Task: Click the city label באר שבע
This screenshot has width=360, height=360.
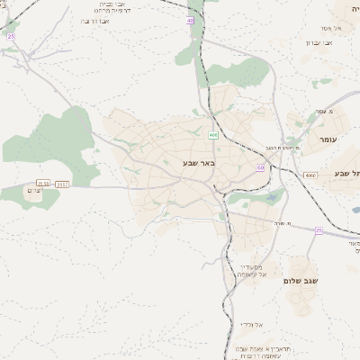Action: [x=194, y=163]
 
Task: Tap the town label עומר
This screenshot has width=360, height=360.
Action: [x=326, y=140]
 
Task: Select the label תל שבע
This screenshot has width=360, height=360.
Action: [x=346, y=173]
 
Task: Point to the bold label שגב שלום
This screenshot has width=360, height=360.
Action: [x=301, y=281]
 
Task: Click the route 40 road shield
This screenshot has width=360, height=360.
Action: [x=190, y=20]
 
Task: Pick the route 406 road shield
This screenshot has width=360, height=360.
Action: [x=213, y=135]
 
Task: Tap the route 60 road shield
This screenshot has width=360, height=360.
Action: [x=260, y=167]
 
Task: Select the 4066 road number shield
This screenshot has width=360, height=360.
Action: [x=310, y=175]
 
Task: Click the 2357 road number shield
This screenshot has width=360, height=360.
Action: [x=62, y=184]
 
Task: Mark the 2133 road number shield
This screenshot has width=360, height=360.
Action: [x=42, y=184]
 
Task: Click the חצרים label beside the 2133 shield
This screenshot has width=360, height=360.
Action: [x=35, y=191]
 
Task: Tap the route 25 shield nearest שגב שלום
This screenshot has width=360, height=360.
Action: [x=318, y=230]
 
